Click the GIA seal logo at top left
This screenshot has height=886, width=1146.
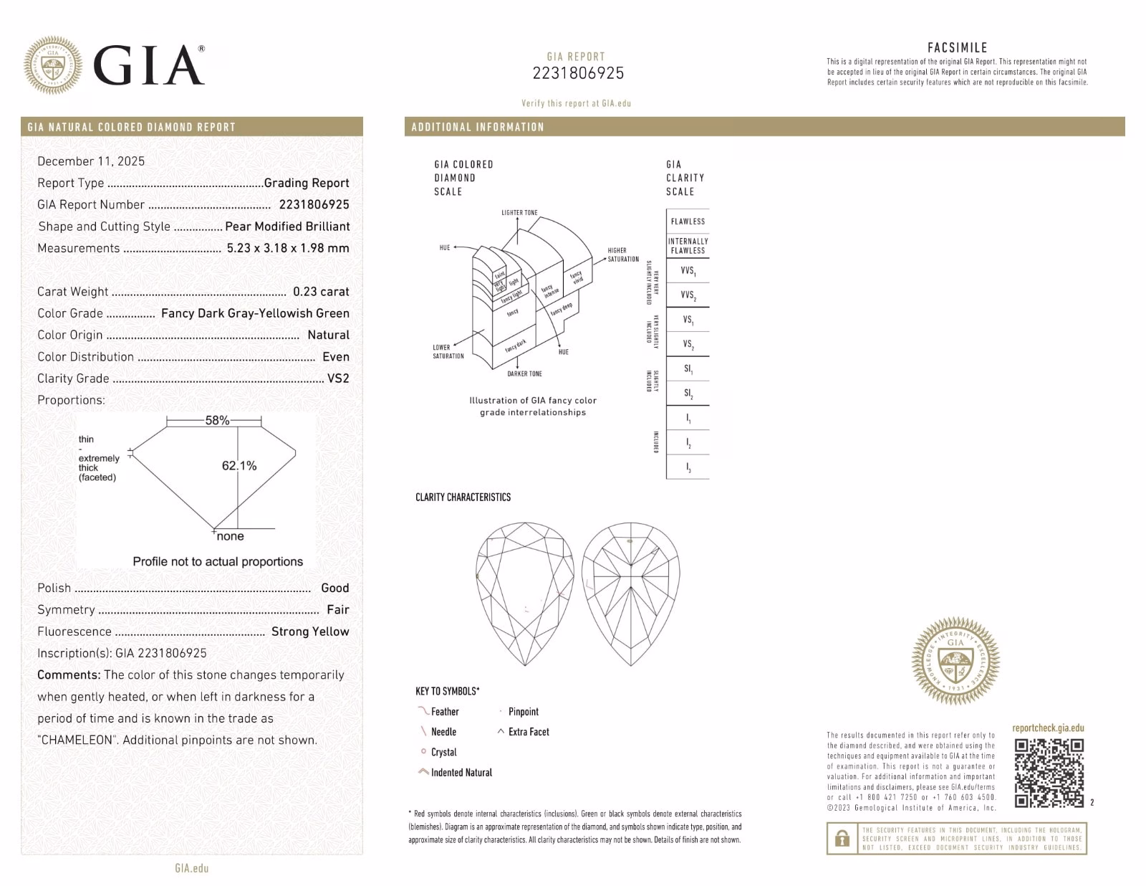coord(52,65)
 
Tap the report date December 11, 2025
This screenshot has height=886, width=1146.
coord(91,161)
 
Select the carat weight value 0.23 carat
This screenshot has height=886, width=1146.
coord(321,292)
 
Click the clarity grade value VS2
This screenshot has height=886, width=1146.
coord(338,378)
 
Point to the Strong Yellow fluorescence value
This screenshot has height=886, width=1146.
coord(310,632)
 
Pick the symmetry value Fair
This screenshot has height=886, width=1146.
coord(338,610)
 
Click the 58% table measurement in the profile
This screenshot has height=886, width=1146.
coord(217,421)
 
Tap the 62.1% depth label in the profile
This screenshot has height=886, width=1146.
coord(239,466)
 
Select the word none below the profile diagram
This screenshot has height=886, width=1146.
coord(230,536)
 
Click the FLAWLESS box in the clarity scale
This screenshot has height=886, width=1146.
coord(688,221)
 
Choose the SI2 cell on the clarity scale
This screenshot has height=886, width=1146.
coord(688,394)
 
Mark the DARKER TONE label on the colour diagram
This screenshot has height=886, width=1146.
coord(524,374)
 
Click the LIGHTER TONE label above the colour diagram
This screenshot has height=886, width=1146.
coord(519,213)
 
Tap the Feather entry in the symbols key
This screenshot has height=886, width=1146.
coord(444,712)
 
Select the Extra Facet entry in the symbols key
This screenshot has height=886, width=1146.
coord(529,732)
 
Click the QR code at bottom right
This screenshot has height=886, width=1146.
coord(1049,773)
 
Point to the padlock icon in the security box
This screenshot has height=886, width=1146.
coord(842,838)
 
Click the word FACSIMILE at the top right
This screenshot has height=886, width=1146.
coord(957,48)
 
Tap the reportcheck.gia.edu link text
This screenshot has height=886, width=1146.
coord(1048,728)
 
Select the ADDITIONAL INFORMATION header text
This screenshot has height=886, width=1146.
coord(478,127)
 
